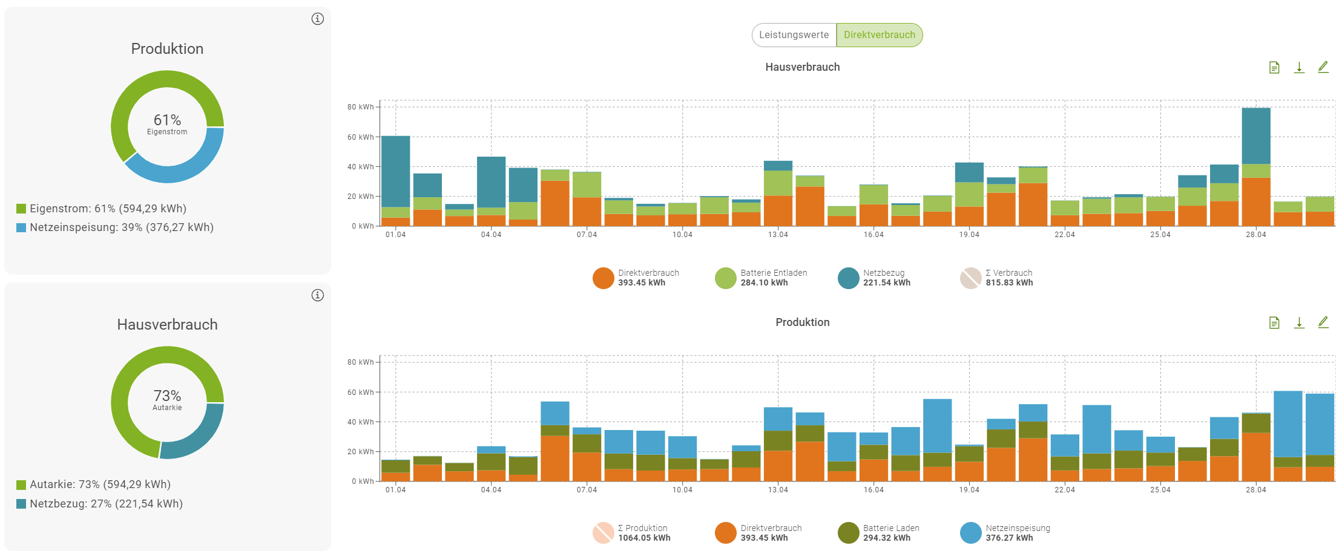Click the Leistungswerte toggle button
[794, 35]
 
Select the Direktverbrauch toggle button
[880, 35]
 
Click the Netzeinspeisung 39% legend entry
[115, 227]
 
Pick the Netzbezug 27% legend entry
[100, 504]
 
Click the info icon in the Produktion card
[318, 19]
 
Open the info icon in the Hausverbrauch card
[318, 295]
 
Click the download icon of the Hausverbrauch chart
[1299, 67]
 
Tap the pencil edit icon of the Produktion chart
[1323, 322]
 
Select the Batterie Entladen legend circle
[725, 278]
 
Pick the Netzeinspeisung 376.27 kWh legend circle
[970, 533]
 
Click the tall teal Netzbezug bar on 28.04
[1256, 136]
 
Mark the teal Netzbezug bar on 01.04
[395, 171]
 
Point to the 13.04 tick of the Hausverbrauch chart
[778, 235]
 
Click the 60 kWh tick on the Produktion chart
[360, 393]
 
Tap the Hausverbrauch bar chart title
[802, 67]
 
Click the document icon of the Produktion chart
[1274, 322]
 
